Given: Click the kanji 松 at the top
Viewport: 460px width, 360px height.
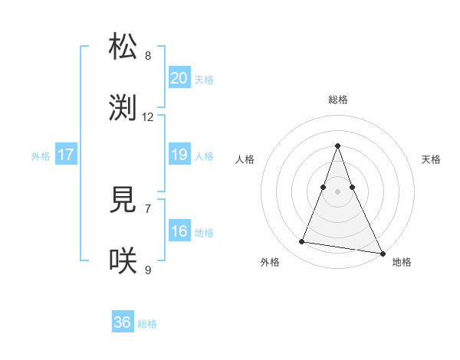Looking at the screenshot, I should coord(123,47).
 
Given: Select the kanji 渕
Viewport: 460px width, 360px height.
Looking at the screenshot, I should coord(123,108).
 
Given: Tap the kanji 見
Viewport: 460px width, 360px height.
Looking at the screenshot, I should coord(123,200).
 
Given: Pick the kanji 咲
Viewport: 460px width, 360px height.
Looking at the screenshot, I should coord(123,261).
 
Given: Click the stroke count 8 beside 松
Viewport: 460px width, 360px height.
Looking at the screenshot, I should coord(148,55).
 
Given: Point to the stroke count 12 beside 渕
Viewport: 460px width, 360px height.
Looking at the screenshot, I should coord(148,117).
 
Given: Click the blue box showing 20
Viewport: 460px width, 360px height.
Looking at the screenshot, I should coord(179,78).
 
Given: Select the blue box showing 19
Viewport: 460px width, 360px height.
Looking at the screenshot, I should coord(179,155).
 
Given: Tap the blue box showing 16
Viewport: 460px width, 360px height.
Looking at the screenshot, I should coord(179,231).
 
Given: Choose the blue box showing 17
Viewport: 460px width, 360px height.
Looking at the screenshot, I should coord(66,155).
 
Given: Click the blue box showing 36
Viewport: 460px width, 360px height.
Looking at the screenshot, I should coord(123,322).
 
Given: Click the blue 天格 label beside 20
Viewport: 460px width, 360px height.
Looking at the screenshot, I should coord(204,80).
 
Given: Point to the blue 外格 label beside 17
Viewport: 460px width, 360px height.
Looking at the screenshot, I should coord(41,156).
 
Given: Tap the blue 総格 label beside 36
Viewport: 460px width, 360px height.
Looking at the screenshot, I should coord(147,324).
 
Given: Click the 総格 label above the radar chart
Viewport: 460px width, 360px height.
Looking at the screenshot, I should coord(338,100).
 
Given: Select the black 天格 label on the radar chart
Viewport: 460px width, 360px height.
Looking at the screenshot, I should coord(432,159).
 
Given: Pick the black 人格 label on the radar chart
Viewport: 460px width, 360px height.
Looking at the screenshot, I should coord(245,159).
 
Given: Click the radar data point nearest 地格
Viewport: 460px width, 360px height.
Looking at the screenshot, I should coord(381,253).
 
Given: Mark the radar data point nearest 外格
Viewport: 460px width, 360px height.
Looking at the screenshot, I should coord(302,242).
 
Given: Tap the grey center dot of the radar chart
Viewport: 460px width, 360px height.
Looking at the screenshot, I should coord(338,191).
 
